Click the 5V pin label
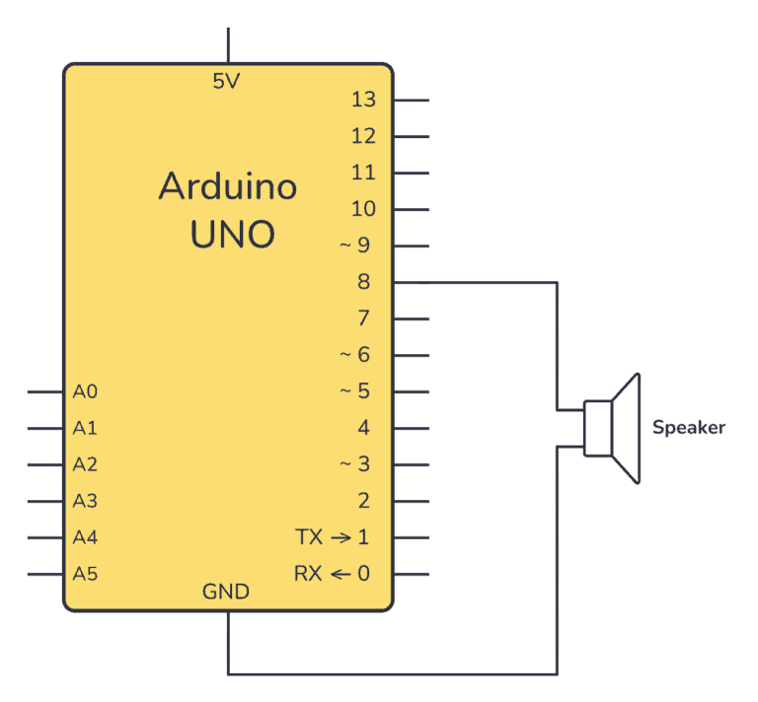(x=226, y=82)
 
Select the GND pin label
(x=226, y=593)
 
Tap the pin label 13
(x=363, y=100)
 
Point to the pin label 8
(x=363, y=282)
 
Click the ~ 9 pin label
(x=355, y=246)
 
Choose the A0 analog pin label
(x=85, y=392)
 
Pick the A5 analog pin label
(x=85, y=574)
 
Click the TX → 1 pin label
(x=333, y=537)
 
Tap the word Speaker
(x=689, y=428)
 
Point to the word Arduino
(x=228, y=186)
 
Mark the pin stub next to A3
(x=46, y=501)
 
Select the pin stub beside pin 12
(x=411, y=136)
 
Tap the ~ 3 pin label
(x=355, y=464)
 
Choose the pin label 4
(x=364, y=428)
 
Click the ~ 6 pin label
(x=355, y=355)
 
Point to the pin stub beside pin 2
(x=411, y=501)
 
